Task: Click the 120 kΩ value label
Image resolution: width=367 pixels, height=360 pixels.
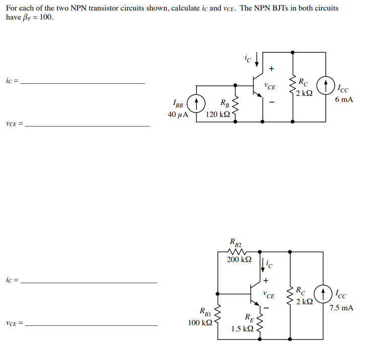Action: [218, 114]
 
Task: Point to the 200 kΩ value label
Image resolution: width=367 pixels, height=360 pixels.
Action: [239, 260]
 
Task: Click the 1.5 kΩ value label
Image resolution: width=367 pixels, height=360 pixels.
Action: [242, 329]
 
